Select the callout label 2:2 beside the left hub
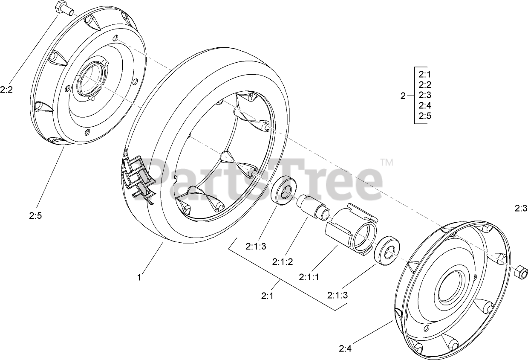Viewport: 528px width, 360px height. tap(7, 90)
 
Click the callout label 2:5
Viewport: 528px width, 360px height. tap(36, 216)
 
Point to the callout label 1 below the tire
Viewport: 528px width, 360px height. tap(139, 277)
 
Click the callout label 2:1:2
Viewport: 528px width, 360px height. tap(283, 261)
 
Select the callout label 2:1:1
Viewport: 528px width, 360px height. tap(309, 278)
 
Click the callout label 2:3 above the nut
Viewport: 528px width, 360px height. tap(521, 209)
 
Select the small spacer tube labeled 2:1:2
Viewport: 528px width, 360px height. tap(313, 207)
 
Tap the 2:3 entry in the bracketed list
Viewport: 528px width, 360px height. tap(425, 95)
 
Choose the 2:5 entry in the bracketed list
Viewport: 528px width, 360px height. tap(425, 116)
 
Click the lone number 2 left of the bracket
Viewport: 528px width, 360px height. tap(403, 96)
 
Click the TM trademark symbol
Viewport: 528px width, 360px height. tap(386, 162)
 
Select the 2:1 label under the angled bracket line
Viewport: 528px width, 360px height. tap(267, 295)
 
